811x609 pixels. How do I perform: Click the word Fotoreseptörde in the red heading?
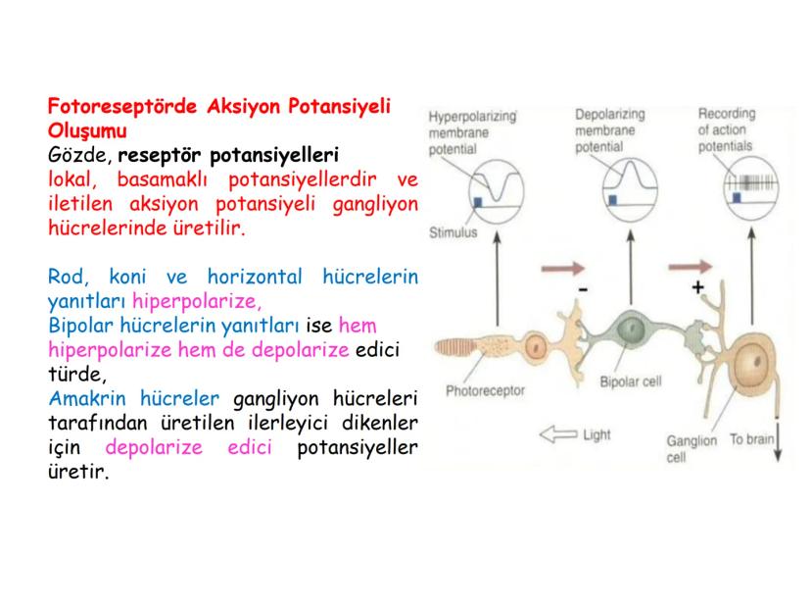coord(122,107)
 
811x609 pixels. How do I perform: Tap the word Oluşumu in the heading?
coord(87,130)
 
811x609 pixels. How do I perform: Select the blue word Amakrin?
coord(87,398)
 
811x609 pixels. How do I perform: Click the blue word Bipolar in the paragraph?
coord(80,327)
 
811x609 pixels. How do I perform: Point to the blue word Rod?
coord(69,277)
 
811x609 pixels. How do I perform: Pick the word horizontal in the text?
coord(255,277)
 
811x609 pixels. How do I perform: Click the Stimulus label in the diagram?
coord(453,232)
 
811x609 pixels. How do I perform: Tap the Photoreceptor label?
coord(485,390)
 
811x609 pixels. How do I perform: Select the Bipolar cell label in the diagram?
coord(631,381)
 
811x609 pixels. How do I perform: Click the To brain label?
coord(752,439)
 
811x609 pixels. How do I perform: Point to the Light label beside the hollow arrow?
coord(596,435)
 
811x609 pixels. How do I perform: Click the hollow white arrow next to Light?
coord(558,434)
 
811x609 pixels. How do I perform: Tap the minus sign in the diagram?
coord(583,289)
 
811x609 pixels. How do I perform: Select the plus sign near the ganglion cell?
coord(697,287)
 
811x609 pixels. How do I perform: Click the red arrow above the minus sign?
coord(563,269)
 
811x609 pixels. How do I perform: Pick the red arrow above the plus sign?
coord(690,267)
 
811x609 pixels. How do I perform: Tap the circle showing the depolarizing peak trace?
coord(603,190)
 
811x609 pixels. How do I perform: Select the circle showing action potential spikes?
coord(724,187)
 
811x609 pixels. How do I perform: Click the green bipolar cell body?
coord(631,330)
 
